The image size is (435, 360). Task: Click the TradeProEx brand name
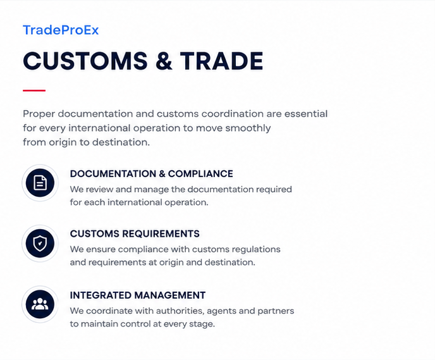(x=61, y=30)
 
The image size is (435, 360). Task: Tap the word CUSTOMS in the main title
(x=85, y=61)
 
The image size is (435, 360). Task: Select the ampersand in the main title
(x=164, y=61)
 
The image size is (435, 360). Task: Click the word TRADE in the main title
(x=222, y=61)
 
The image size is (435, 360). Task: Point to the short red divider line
(x=34, y=90)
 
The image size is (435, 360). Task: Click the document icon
(x=40, y=183)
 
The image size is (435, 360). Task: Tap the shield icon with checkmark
(x=40, y=244)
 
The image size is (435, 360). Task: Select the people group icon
(x=40, y=304)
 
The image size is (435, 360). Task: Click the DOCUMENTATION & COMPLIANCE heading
(x=152, y=174)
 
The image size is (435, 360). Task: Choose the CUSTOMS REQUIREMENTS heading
(x=135, y=233)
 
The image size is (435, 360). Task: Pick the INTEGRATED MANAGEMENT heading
(x=138, y=295)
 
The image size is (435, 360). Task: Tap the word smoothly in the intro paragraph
(x=248, y=128)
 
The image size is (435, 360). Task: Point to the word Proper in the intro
(x=39, y=115)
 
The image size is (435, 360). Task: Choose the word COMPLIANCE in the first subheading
(x=200, y=174)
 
